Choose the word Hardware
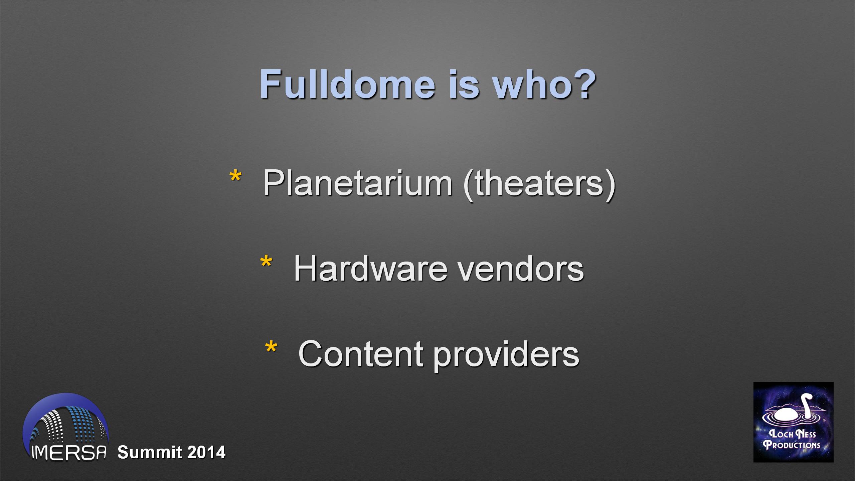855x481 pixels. coord(370,269)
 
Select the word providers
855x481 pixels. coord(506,355)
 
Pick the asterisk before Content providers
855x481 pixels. coord(271,347)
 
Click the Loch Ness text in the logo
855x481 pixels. coord(792,434)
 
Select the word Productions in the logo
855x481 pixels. coord(792,445)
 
